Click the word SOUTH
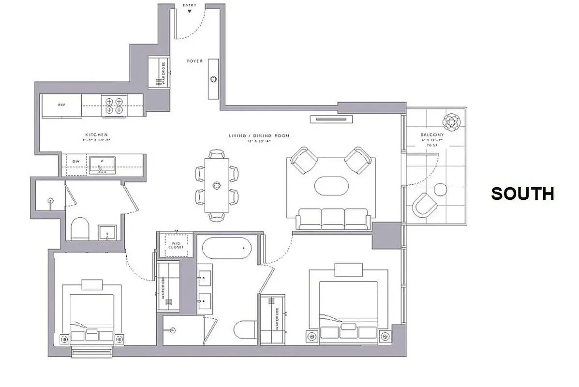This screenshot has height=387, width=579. (x=522, y=193)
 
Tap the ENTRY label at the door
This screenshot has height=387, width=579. (x=189, y=5)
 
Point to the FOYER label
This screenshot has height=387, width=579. (x=195, y=61)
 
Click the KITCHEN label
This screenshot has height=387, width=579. (x=96, y=135)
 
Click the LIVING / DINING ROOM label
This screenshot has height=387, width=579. (x=259, y=135)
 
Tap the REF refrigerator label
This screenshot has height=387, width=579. (x=61, y=104)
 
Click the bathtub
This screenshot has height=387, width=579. (x=227, y=249)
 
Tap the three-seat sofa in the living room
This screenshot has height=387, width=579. (x=334, y=220)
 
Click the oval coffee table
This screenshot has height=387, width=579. (x=331, y=186)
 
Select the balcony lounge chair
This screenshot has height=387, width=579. (x=426, y=206)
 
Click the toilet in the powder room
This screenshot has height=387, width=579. (x=80, y=229)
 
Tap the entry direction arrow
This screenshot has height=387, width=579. (x=189, y=11)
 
